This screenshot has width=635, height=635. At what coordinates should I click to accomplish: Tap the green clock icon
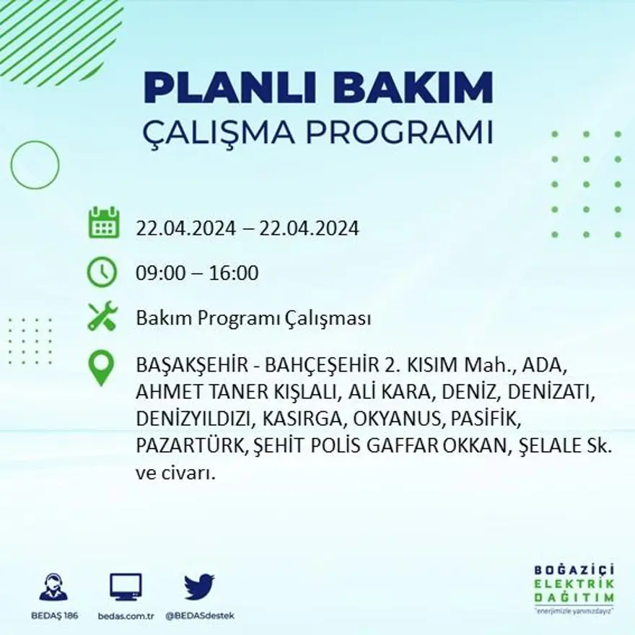[102, 273]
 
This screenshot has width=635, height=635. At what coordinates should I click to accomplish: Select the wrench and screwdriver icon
[102, 317]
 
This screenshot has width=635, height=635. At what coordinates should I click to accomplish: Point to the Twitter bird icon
[199, 587]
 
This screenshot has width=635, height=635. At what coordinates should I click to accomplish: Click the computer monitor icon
[126, 587]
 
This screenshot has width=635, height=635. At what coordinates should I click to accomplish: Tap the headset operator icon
[53, 587]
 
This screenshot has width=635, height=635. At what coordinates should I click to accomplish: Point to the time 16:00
[235, 273]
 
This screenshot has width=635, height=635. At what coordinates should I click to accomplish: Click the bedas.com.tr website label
[126, 616]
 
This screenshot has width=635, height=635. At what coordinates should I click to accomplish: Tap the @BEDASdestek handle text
[200, 616]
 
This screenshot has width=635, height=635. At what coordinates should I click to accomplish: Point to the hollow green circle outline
[35, 165]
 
